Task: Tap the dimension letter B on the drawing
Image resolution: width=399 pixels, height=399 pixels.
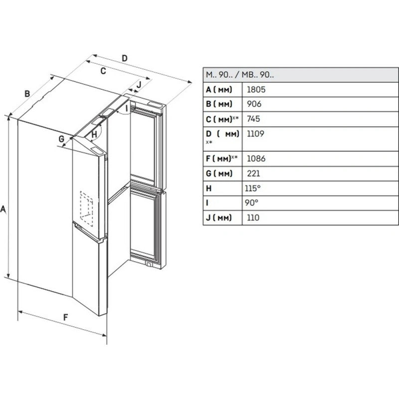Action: pyautogui.click(x=28, y=93)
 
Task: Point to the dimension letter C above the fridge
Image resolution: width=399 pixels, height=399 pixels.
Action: pyautogui.click(x=103, y=71)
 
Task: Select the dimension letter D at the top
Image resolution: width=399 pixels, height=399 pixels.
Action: pyautogui.click(x=125, y=58)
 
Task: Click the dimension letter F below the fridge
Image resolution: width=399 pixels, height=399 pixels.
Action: pyautogui.click(x=65, y=316)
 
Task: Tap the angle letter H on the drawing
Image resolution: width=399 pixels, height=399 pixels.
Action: pyautogui.click(x=94, y=134)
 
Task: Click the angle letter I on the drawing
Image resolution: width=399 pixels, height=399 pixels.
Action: pyautogui.click(x=127, y=108)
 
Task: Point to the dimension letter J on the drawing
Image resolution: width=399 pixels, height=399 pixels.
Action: pyautogui.click(x=139, y=84)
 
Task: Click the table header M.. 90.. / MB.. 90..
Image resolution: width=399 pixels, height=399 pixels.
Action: pyautogui.click(x=239, y=75)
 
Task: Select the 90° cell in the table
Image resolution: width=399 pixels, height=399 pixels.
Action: pyautogui.click(x=252, y=203)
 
